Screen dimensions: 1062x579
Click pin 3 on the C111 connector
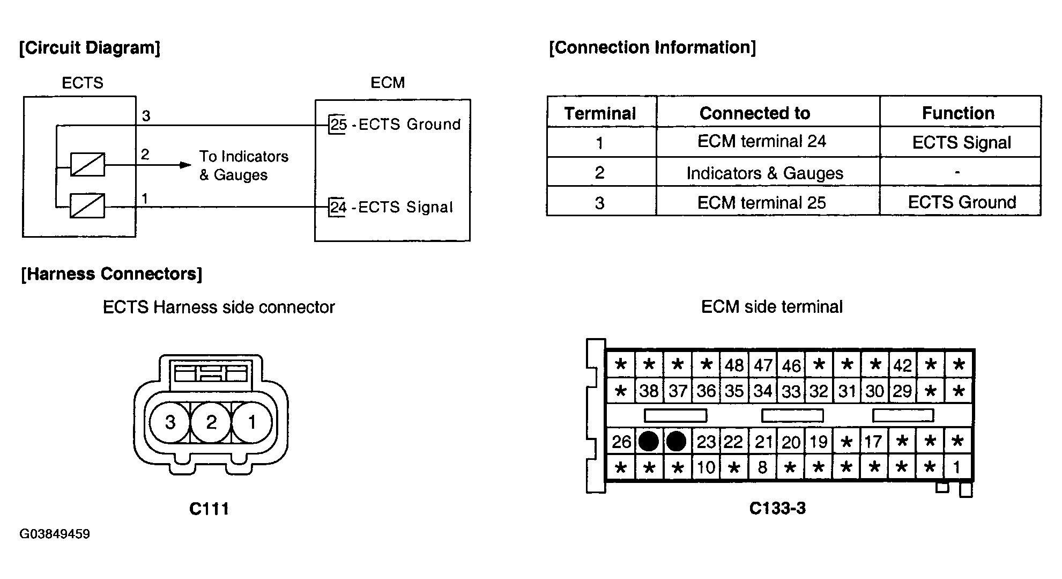[170, 422]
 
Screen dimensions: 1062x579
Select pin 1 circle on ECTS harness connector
[252, 422]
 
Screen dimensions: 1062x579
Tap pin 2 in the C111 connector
[211, 422]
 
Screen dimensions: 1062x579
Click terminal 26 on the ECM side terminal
[621, 442]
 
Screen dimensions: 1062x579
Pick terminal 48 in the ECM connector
[734, 365]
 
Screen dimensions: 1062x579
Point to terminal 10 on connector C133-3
[705, 467]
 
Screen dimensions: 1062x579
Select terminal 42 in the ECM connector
[902, 365]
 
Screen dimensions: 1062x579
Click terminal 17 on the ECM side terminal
[873, 442]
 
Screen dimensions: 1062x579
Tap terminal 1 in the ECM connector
[958, 467]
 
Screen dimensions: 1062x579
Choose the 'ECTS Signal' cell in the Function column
[961, 142]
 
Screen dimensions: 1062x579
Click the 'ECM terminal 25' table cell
[761, 202]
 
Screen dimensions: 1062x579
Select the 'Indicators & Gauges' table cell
[764, 173]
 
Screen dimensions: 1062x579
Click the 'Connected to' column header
[755, 113]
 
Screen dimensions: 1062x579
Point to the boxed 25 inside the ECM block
[338, 124]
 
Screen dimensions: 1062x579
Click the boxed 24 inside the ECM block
[338, 207]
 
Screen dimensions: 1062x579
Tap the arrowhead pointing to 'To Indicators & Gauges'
[185, 165]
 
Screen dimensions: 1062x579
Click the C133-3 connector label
[777, 508]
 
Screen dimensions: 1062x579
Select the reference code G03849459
[55, 534]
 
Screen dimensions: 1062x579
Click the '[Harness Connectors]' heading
[112, 274]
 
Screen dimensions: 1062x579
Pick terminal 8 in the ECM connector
[762, 467]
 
